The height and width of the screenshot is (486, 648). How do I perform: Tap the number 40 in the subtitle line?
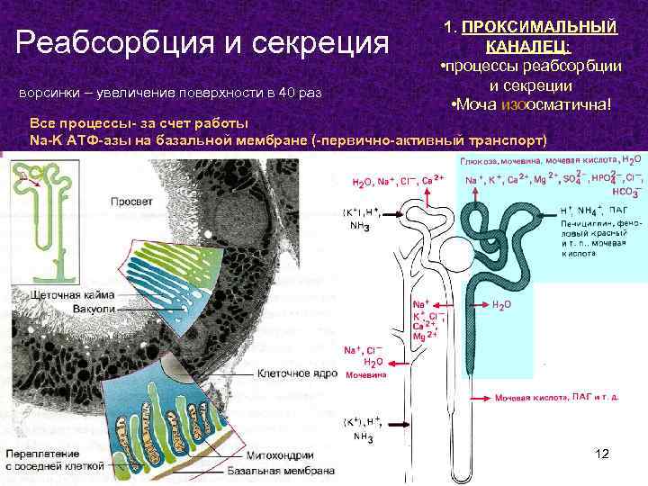[x=288, y=93]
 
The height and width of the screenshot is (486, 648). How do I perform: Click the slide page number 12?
[x=602, y=454]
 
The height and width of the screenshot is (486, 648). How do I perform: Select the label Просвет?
[x=131, y=202]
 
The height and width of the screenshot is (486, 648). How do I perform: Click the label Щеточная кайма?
[x=72, y=294]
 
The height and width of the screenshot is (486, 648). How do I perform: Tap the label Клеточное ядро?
[x=297, y=373]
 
